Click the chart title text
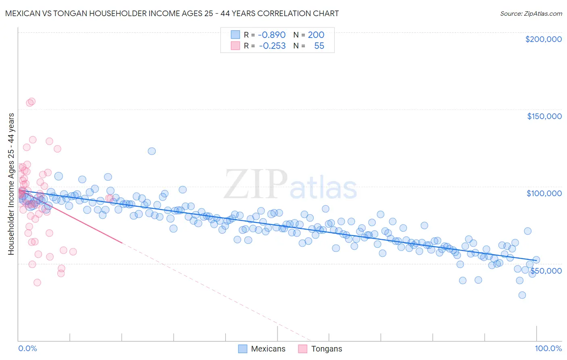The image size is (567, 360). click(172, 13)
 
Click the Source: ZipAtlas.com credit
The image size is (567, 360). click(531, 14)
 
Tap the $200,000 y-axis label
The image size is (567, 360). click(543, 39)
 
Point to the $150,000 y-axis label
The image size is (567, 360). click(544, 116)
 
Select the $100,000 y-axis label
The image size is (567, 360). click(544, 193)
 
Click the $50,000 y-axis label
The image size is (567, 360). click(546, 271)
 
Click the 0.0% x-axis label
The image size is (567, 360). click(27, 348)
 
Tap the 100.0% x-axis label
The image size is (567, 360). click(548, 348)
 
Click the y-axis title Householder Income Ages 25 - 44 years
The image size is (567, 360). click(11, 184)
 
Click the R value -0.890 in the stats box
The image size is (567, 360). click(272, 35)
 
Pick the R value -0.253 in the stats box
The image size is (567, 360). click(272, 46)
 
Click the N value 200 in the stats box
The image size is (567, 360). click(316, 35)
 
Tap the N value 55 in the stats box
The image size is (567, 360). click(319, 46)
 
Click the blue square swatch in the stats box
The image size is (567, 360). click(236, 35)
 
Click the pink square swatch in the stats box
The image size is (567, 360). click(236, 46)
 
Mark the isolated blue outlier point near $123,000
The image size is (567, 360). click(152, 151)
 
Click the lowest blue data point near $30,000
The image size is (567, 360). click(522, 295)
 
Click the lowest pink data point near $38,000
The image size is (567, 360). click(37, 283)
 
